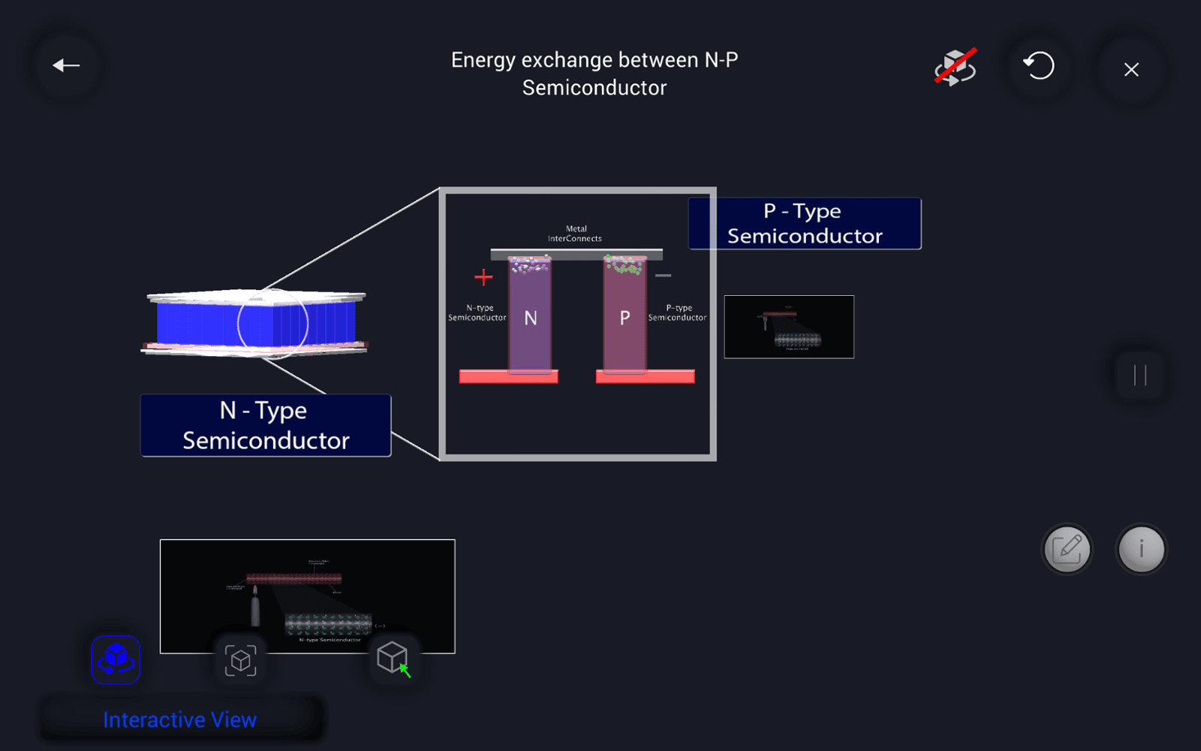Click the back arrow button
click(x=66, y=66)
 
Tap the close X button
click(x=1131, y=70)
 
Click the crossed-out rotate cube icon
click(x=955, y=68)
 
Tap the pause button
click(x=1140, y=375)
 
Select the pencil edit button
click(x=1067, y=549)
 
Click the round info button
click(x=1141, y=549)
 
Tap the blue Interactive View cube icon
click(x=116, y=659)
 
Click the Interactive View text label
click(x=180, y=719)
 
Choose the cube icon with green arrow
click(x=393, y=659)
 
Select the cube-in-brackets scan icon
click(x=240, y=660)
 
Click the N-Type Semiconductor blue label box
click(x=266, y=425)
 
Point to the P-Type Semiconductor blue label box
click(x=805, y=224)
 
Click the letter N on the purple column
click(x=531, y=318)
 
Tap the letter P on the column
click(x=625, y=318)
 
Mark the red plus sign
click(x=483, y=278)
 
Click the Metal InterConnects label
click(x=575, y=234)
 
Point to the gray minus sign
click(x=663, y=276)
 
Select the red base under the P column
click(x=645, y=377)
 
